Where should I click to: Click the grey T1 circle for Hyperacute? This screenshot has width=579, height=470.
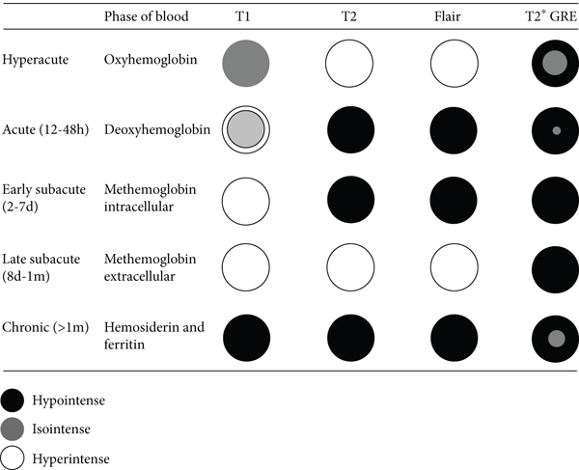coord(249,65)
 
